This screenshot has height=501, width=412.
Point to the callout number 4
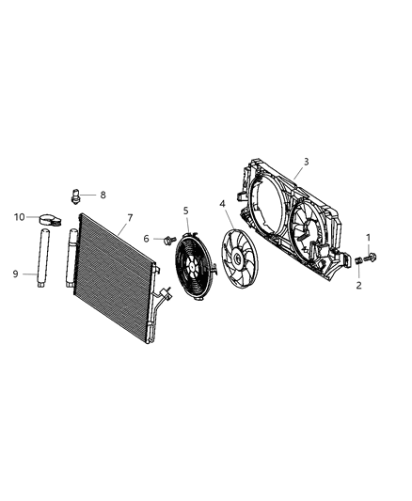[222, 203]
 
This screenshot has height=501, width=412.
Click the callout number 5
[185, 211]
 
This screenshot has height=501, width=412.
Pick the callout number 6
[147, 239]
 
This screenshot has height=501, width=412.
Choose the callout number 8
[103, 196]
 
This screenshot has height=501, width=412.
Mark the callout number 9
[15, 274]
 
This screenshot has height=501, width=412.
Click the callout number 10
[18, 217]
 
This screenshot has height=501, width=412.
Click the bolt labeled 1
[369, 255]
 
